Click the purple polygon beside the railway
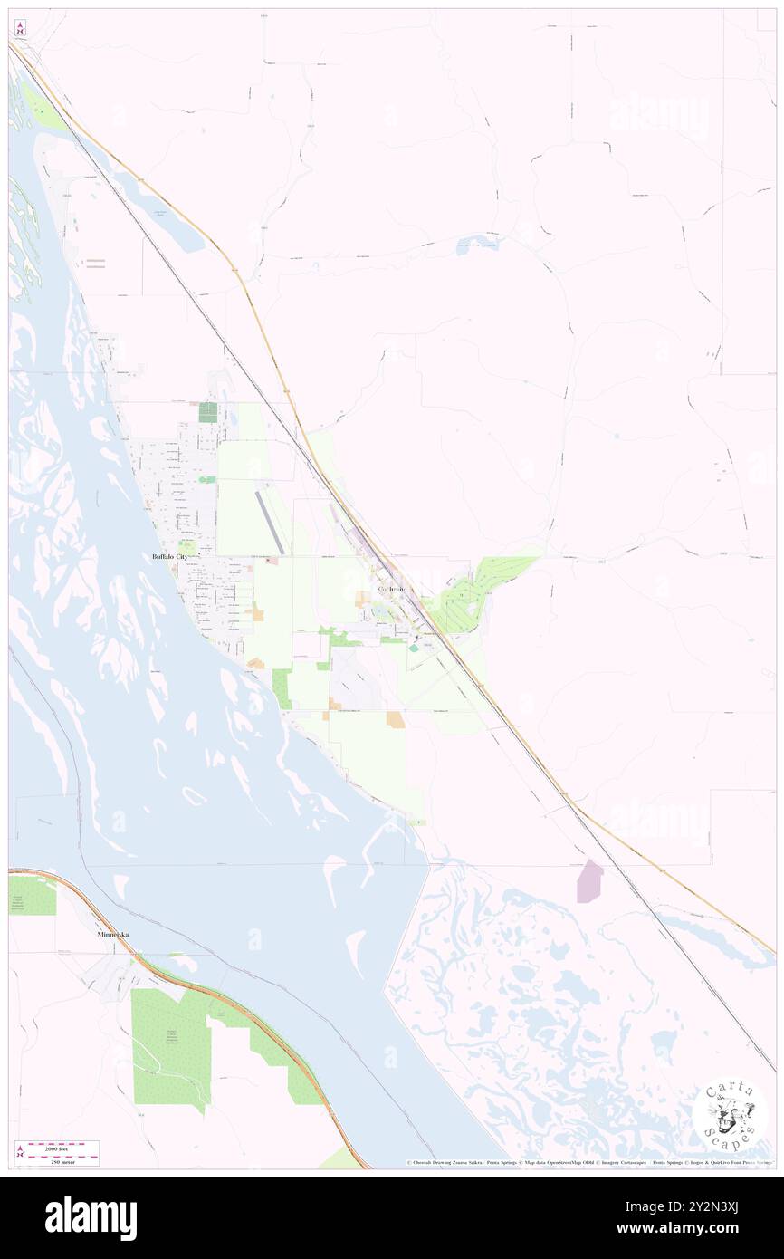click(x=589, y=881)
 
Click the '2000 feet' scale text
click(x=62, y=1145)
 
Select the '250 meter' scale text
click(x=62, y=1159)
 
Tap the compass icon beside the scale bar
click(x=19, y=1152)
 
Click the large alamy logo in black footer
click(x=91, y=1217)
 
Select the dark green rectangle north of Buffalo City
click(x=208, y=412)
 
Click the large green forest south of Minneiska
click(x=171, y=1046)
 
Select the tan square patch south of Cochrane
click(x=396, y=719)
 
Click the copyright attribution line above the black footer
click(x=588, y=1163)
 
